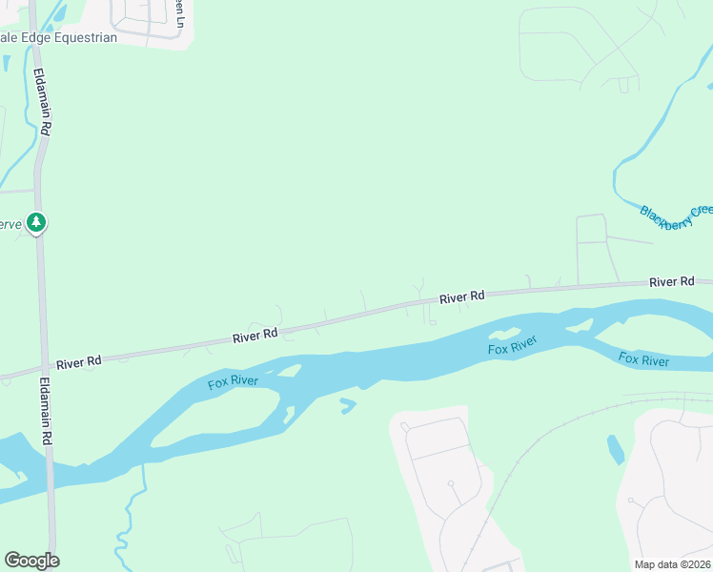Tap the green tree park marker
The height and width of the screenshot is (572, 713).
(x=36, y=222)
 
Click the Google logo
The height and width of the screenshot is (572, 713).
(x=31, y=561)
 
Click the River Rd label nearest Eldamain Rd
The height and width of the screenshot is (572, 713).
(x=78, y=362)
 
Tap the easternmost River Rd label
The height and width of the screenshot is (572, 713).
(x=671, y=282)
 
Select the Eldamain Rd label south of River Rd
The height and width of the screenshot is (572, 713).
(x=45, y=410)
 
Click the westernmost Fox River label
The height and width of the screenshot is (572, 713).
(x=234, y=383)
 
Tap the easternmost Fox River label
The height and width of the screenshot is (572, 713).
(x=643, y=359)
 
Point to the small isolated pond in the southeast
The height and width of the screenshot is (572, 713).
(x=616, y=449)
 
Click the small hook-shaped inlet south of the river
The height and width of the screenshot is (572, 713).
(x=348, y=405)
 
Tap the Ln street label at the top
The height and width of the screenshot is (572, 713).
(x=177, y=13)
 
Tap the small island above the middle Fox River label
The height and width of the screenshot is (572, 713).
(x=504, y=333)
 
